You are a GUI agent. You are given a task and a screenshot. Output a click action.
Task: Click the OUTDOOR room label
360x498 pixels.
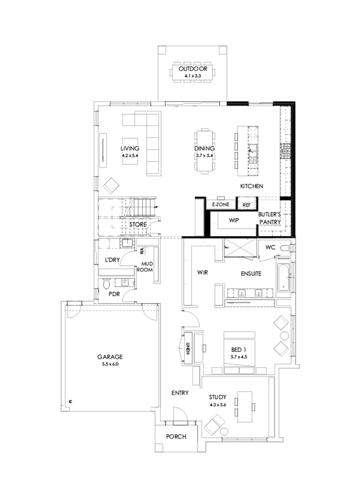coord(193,68)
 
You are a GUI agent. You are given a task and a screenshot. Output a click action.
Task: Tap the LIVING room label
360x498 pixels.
coord(132,148)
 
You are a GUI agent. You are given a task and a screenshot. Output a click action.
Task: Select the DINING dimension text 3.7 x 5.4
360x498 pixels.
coord(205,155)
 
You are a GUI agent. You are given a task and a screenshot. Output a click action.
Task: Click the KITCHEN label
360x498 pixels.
coord(251,186)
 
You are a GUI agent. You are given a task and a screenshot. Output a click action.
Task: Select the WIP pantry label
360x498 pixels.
coord(234,220)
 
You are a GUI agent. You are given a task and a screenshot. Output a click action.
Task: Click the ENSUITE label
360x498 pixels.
coord(251,274)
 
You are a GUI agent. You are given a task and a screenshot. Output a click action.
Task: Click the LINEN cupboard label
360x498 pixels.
coord(187,347)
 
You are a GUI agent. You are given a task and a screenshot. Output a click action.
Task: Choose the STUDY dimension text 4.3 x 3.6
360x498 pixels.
coord(218,405)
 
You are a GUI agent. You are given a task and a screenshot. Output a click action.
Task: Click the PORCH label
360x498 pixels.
coord(176,436)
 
